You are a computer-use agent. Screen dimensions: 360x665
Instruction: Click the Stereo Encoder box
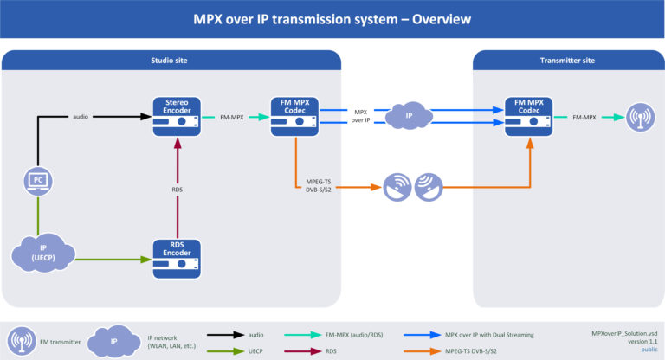[178, 116]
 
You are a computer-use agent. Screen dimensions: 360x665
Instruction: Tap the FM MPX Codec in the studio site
[294, 116]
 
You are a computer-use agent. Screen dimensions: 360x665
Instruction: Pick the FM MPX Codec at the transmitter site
[529, 116]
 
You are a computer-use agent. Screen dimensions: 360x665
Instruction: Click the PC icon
[37, 181]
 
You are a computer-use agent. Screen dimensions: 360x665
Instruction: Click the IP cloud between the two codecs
[411, 116]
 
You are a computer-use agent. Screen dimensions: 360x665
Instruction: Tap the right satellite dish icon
[429, 187]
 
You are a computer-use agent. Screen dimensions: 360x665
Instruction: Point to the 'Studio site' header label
[171, 61]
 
